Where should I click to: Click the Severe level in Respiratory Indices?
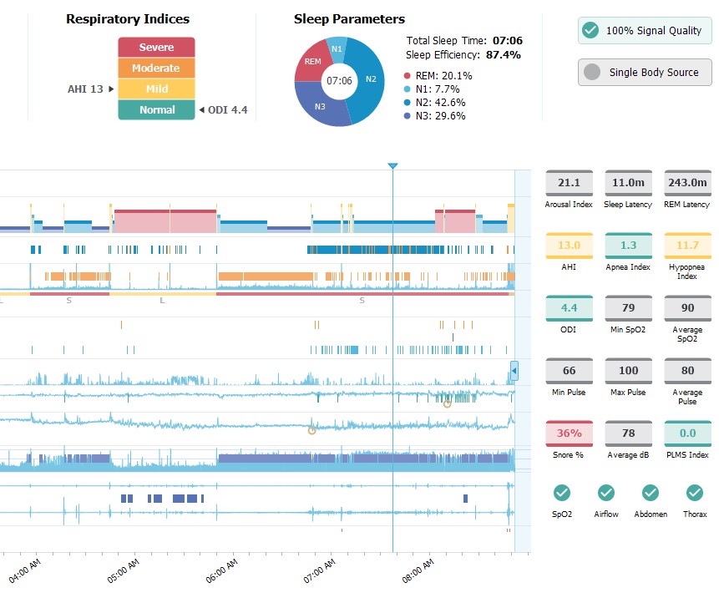click(x=156, y=48)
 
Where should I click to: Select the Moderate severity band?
click(x=156, y=68)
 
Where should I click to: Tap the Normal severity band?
click(x=156, y=109)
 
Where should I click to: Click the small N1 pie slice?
click(x=337, y=48)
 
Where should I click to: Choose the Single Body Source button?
click(x=645, y=73)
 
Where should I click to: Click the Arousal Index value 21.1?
click(x=569, y=183)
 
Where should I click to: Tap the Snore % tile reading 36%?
click(x=569, y=433)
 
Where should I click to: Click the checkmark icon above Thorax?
click(x=695, y=493)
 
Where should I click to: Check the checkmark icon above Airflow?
click(x=606, y=493)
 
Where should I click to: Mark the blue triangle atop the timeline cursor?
click(x=392, y=167)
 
